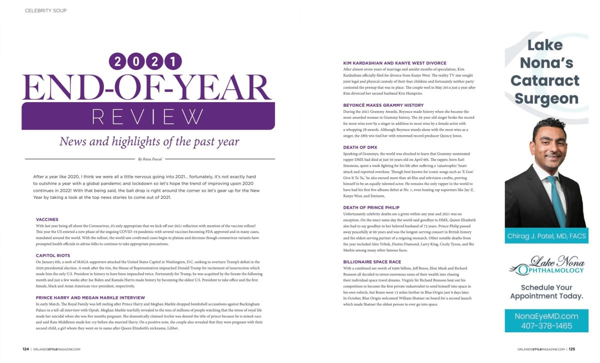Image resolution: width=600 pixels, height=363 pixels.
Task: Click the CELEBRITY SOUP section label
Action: pos(45,11)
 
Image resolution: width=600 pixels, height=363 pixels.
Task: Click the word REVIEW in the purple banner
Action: pos(148,117)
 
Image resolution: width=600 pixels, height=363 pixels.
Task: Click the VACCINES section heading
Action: pos(47,219)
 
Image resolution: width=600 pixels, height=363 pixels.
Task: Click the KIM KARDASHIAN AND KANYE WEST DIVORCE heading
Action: pos(394,63)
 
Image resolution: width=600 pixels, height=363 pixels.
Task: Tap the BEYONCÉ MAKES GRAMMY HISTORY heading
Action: pos(383,105)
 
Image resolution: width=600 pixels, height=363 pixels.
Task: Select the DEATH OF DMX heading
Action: pos(360,147)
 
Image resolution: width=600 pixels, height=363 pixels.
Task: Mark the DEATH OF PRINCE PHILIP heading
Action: pos(371,207)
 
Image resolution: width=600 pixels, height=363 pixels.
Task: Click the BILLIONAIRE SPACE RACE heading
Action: pos(372,262)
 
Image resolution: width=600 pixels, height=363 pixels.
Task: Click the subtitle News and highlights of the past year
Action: pos(149,141)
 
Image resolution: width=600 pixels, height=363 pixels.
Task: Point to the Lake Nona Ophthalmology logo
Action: pos(546,266)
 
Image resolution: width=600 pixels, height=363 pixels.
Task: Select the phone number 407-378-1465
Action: pos(546,325)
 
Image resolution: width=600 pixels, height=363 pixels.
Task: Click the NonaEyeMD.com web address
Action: pos(546,316)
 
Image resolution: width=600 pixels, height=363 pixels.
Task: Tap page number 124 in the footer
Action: pos(25,349)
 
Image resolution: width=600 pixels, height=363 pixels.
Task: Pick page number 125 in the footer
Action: pos(571,349)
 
